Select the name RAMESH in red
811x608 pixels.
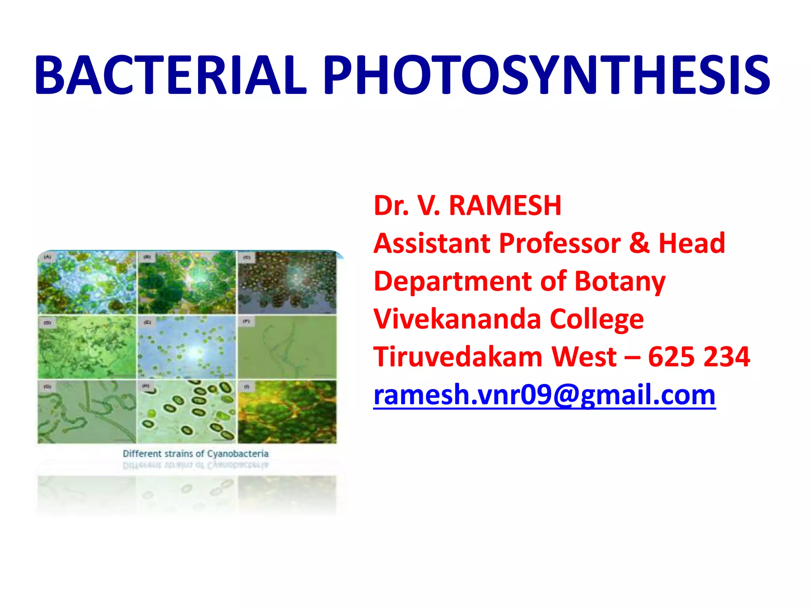click(x=505, y=206)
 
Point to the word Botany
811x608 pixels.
click(x=620, y=282)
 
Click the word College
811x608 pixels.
click(x=597, y=320)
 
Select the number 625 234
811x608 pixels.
click(x=699, y=357)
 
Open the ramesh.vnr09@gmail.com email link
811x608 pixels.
click(x=544, y=395)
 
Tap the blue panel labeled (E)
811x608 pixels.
click(x=187, y=348)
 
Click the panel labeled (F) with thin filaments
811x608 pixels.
click(x=287, y=348)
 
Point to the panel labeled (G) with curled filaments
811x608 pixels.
click(x=87, y=412)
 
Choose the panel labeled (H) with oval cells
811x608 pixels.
click(x=187, y=412)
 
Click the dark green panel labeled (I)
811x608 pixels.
click(x=287, y=412)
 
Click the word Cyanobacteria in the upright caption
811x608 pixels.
click(x=238, y=454)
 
